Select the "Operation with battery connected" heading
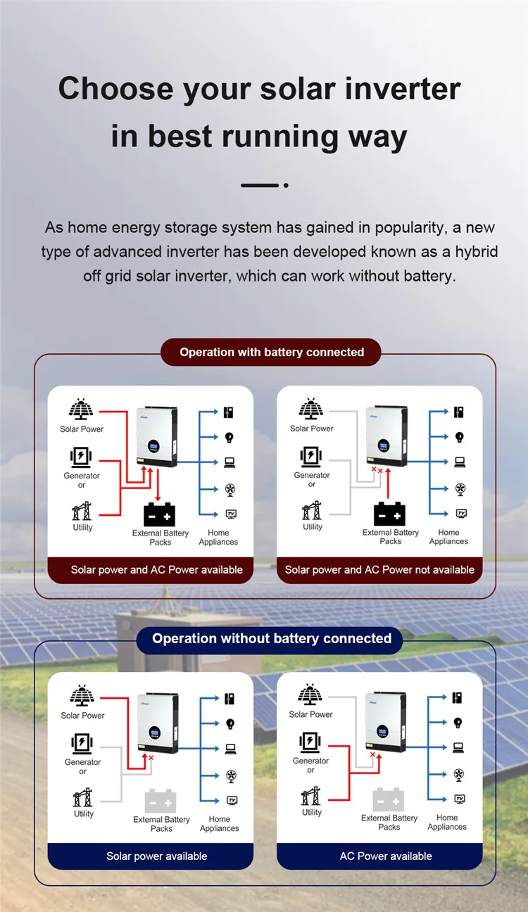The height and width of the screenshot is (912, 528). (272, 352)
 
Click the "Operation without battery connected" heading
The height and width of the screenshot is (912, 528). (272, 639)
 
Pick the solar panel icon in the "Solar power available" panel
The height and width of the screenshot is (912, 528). (82, 697)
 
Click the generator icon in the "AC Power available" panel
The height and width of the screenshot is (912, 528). (310, 742)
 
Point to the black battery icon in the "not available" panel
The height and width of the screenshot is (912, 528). (390, 514)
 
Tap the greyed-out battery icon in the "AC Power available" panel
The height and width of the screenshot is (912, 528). (389, 800)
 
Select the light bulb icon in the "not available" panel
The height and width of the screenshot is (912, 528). (459, 437)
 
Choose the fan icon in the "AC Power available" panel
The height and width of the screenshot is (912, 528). (458, 774)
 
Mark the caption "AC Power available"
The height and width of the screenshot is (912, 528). (386, 856)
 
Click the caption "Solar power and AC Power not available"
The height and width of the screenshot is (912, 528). (379, 570)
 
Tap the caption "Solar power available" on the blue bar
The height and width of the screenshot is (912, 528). (157, 856)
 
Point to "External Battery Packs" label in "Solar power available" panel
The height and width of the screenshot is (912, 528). (161, 824)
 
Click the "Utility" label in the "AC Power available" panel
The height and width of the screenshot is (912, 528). (312, 812)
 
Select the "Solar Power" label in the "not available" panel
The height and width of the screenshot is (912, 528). (312, 429)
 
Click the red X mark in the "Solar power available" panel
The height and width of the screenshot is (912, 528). (151, 758)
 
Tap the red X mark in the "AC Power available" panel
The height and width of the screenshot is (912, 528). (372, 754)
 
